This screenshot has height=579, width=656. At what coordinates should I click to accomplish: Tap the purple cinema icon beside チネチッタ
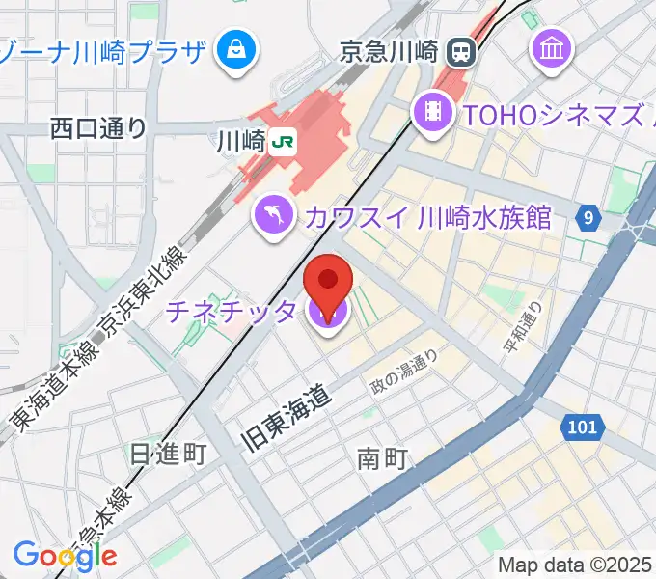[x=328, y=312]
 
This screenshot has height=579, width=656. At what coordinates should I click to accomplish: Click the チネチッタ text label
[x=232, y=312]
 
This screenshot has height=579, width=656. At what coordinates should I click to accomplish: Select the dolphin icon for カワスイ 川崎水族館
[x=274, y=214]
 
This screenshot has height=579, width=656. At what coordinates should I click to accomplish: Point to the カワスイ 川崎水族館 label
[x=426, y=216]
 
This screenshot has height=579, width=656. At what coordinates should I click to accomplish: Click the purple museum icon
[x=554, y=46]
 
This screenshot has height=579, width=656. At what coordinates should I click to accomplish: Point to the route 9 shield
[x=588, y=218]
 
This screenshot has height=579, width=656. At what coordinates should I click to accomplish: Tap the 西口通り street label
[x=98, y=126]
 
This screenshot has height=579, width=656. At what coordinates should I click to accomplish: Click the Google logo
[x=65, y=555]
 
